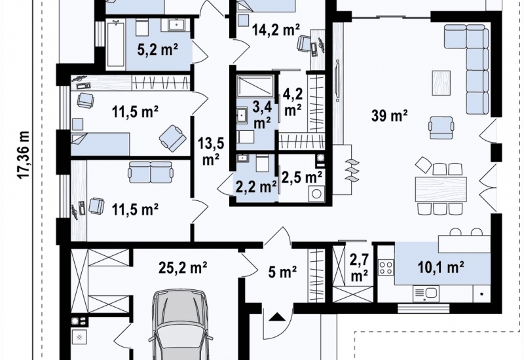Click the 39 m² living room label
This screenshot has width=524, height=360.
coord(389,116)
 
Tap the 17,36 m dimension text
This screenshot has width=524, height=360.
coord(24,155)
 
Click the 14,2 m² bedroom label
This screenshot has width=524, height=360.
coord(276,30)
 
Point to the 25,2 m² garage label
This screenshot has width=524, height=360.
coord(183,268)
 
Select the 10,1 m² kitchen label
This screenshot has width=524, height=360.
coord(440,267)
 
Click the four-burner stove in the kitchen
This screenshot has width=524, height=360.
coord(386,268)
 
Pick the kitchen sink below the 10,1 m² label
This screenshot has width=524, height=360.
coord(426,294)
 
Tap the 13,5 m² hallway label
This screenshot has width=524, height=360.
coord(210,152)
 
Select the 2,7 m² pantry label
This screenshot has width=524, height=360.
coord(359,267)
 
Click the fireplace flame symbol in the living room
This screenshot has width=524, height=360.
coord(352,170)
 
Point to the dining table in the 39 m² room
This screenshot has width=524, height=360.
coord(440,189)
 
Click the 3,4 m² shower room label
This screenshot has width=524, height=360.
coord(262,115)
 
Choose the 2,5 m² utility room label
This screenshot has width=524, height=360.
coord(301,177)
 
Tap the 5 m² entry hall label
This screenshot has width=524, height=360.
coord(282,272)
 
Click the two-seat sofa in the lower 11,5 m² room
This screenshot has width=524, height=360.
coord(151,172)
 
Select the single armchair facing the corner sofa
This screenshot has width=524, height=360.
coord(441,128)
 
